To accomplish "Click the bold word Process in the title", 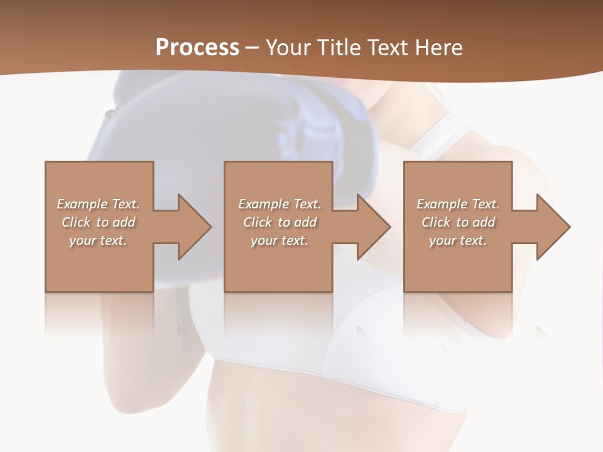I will pos(197,48).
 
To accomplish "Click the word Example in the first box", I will pos(81,204).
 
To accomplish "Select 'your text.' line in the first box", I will pos(98,240).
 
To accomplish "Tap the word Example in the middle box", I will pos(262,204).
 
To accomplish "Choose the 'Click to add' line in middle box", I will pos(280,222).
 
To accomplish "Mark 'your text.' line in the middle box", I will pos(280,240).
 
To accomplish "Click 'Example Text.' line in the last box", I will pos(458,204).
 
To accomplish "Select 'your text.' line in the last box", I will pos(458,240).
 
